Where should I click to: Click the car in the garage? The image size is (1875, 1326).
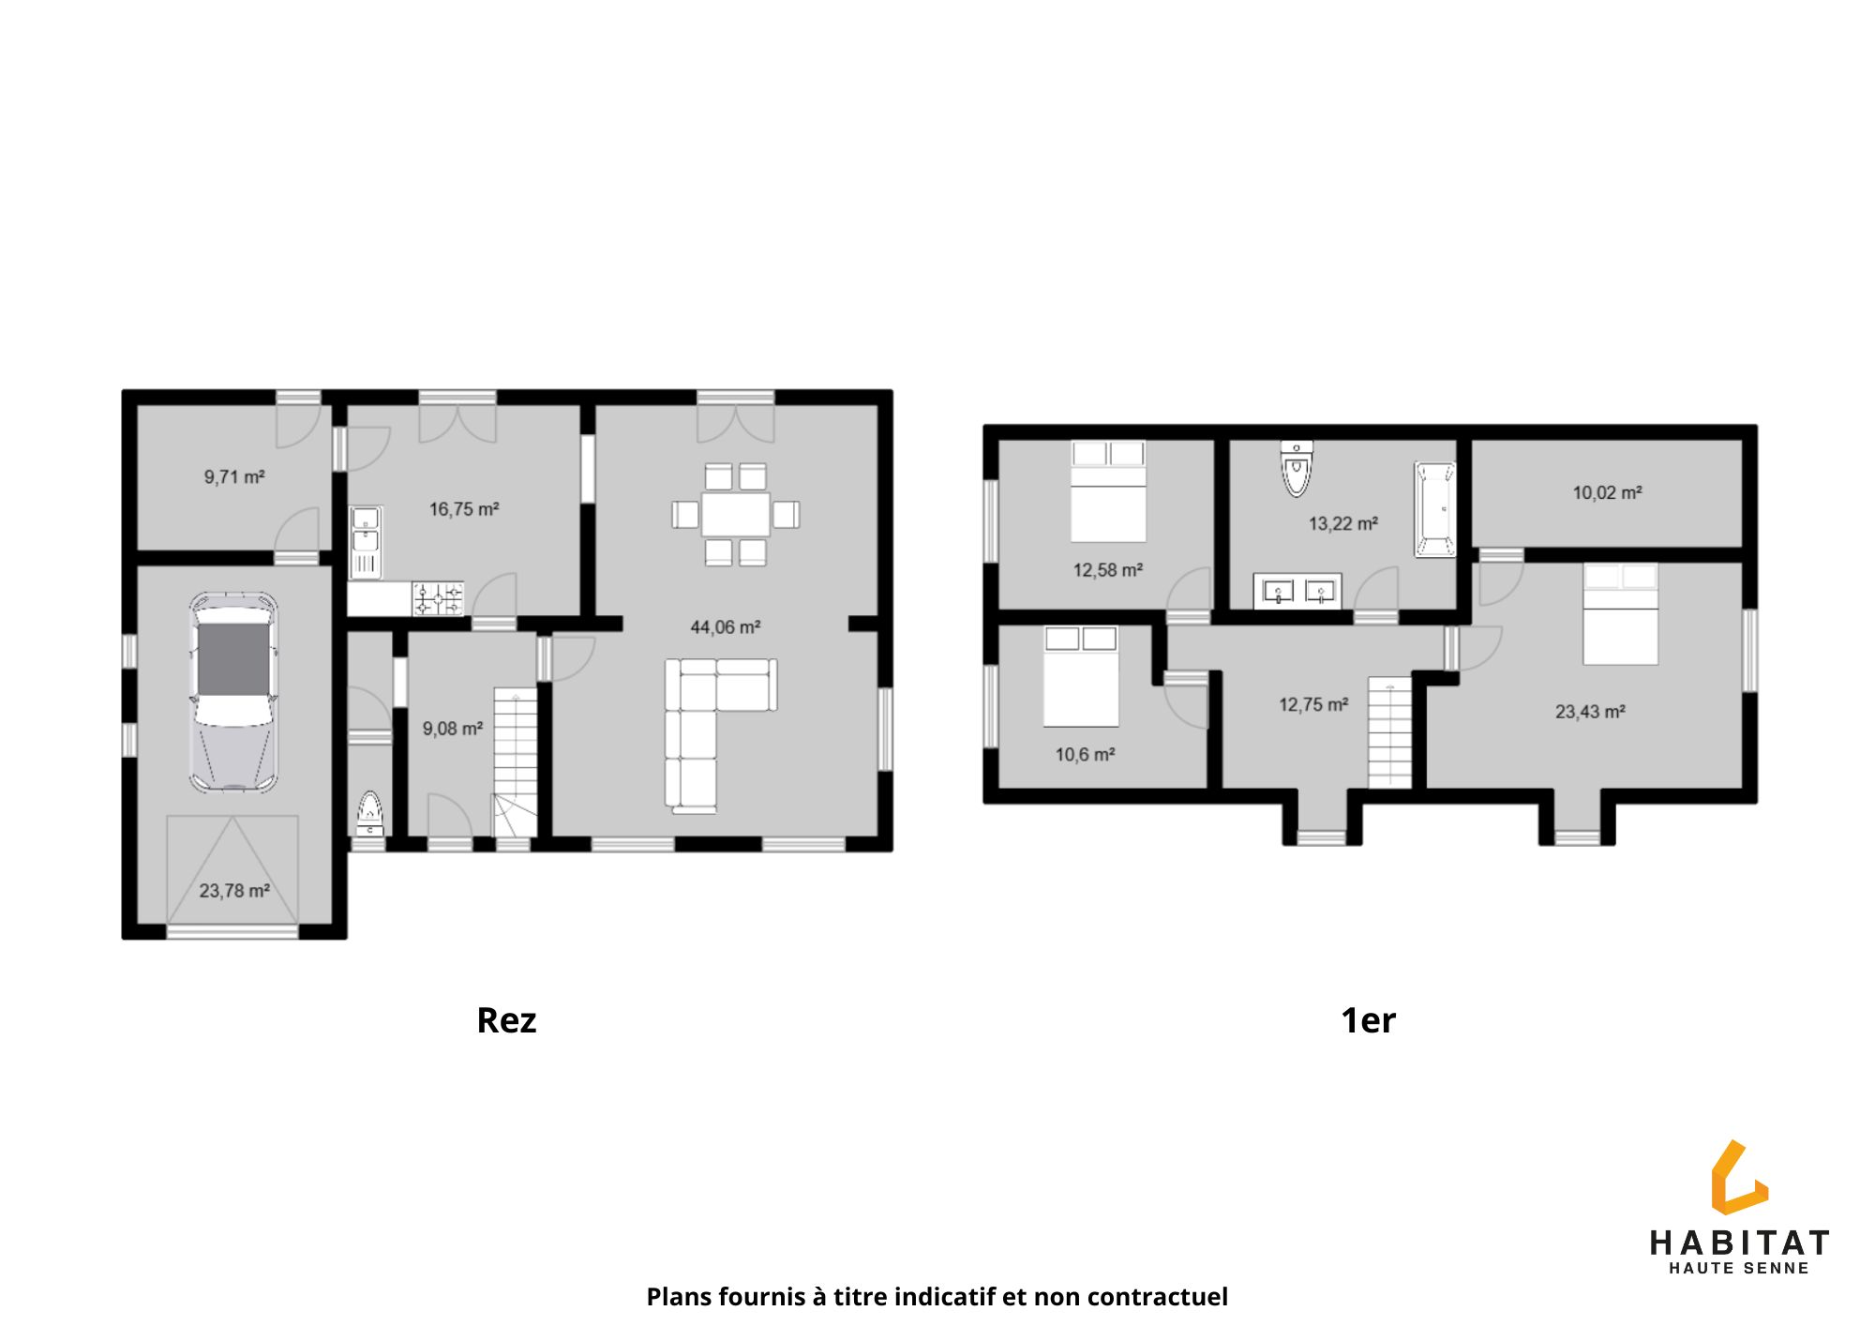[x=233, y=691]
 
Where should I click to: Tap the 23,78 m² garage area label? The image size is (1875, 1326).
[x=234, y=890]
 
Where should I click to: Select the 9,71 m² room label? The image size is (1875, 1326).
[x=234, y=476]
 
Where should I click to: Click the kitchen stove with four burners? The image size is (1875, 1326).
[x=439, y=598]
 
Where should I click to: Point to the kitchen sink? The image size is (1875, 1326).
[x=365, y=542]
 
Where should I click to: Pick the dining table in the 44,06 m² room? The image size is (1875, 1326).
[x=736, y=515]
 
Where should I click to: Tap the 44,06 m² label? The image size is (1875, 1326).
[x=725, y=626]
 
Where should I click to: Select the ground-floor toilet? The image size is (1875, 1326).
[x=370, y=813]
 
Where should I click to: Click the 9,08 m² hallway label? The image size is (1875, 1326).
[x=453, y=729]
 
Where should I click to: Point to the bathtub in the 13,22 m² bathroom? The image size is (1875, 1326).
[x=1434, y=509]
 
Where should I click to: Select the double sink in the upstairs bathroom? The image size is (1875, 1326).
[x=1297, y=591]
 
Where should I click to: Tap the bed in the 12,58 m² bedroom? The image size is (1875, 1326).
[x=1108, y=491]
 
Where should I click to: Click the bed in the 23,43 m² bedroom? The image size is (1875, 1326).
[x=1621, y=614]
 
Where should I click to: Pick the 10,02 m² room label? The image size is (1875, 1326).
[x=1607, y=492]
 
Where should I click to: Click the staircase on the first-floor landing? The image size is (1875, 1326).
[x=1389, y=732]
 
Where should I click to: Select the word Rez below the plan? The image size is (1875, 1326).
[x=506, y=1020]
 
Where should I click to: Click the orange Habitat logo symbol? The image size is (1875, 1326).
[x=1739, y=1179]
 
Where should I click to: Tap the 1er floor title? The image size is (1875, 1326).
[x=1369, y=1020]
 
